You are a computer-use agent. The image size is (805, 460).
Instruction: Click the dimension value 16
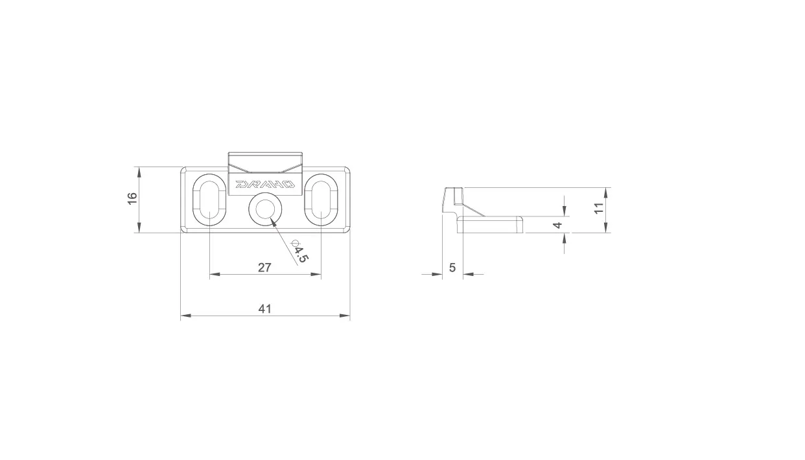(133, 198)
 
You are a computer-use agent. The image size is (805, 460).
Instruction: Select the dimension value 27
(264, 268)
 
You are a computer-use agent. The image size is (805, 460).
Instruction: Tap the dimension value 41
(265, 309)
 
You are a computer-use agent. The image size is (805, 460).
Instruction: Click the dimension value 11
(599, 208)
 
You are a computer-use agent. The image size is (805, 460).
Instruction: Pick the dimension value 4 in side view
(557, 225)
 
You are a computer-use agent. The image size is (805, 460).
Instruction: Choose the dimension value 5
(452, 268)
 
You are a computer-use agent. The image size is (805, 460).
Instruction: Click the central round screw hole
(265, 209)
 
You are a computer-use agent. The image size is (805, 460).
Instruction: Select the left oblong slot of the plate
(209, 200)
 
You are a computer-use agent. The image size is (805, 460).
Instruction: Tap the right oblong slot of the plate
(321, 200)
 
